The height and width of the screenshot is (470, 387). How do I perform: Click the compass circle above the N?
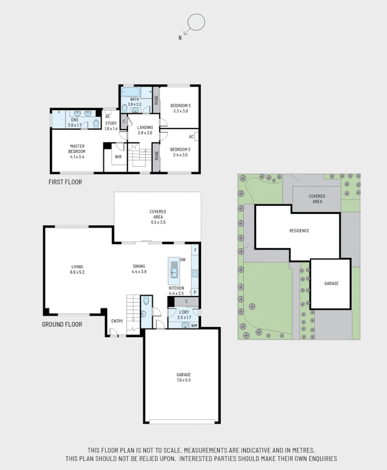196,22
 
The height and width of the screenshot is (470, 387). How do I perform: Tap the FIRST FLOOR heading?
66,182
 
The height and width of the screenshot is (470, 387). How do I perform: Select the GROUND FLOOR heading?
62,324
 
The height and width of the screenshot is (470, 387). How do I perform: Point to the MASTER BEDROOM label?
77,151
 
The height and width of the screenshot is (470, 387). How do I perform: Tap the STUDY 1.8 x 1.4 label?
111,126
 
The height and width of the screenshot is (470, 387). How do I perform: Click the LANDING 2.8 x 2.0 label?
145,130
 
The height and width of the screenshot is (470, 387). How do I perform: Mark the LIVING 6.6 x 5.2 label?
77,269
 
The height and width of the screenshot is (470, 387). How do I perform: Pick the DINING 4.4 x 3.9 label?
139,269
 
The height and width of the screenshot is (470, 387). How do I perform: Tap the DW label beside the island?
183,260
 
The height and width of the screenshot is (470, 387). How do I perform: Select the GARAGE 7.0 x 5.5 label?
183,377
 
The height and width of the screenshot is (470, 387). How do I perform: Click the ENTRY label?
117,321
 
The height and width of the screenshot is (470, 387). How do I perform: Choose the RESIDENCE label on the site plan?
299,230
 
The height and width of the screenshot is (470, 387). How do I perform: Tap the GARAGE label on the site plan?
331,283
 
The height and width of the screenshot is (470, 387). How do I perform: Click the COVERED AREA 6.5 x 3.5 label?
158,217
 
